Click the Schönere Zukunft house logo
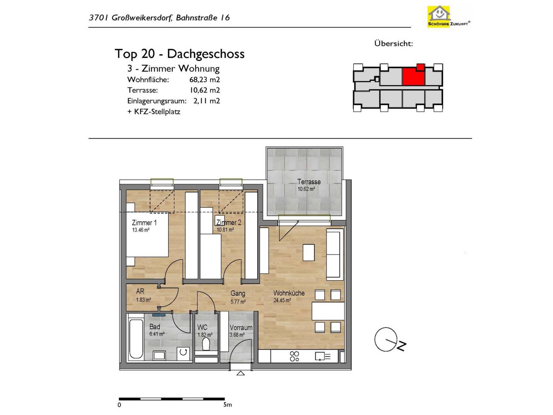point(448,16)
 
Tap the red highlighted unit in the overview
point(413,76)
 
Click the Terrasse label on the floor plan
point(309,181)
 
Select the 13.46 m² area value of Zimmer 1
point(141,230)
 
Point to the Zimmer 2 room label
point(229,222)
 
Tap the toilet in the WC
point(206,344)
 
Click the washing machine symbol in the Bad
point(183,352)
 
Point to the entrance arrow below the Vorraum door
point(241,373)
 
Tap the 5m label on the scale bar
point(227,405)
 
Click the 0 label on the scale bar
point(119,405)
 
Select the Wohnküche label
point(289,293)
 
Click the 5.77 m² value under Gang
point(238,301)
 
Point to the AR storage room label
point(140,291)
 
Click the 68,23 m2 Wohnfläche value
point(205,80)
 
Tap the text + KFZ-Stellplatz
point(154,112)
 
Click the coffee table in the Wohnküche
point(309,252)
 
